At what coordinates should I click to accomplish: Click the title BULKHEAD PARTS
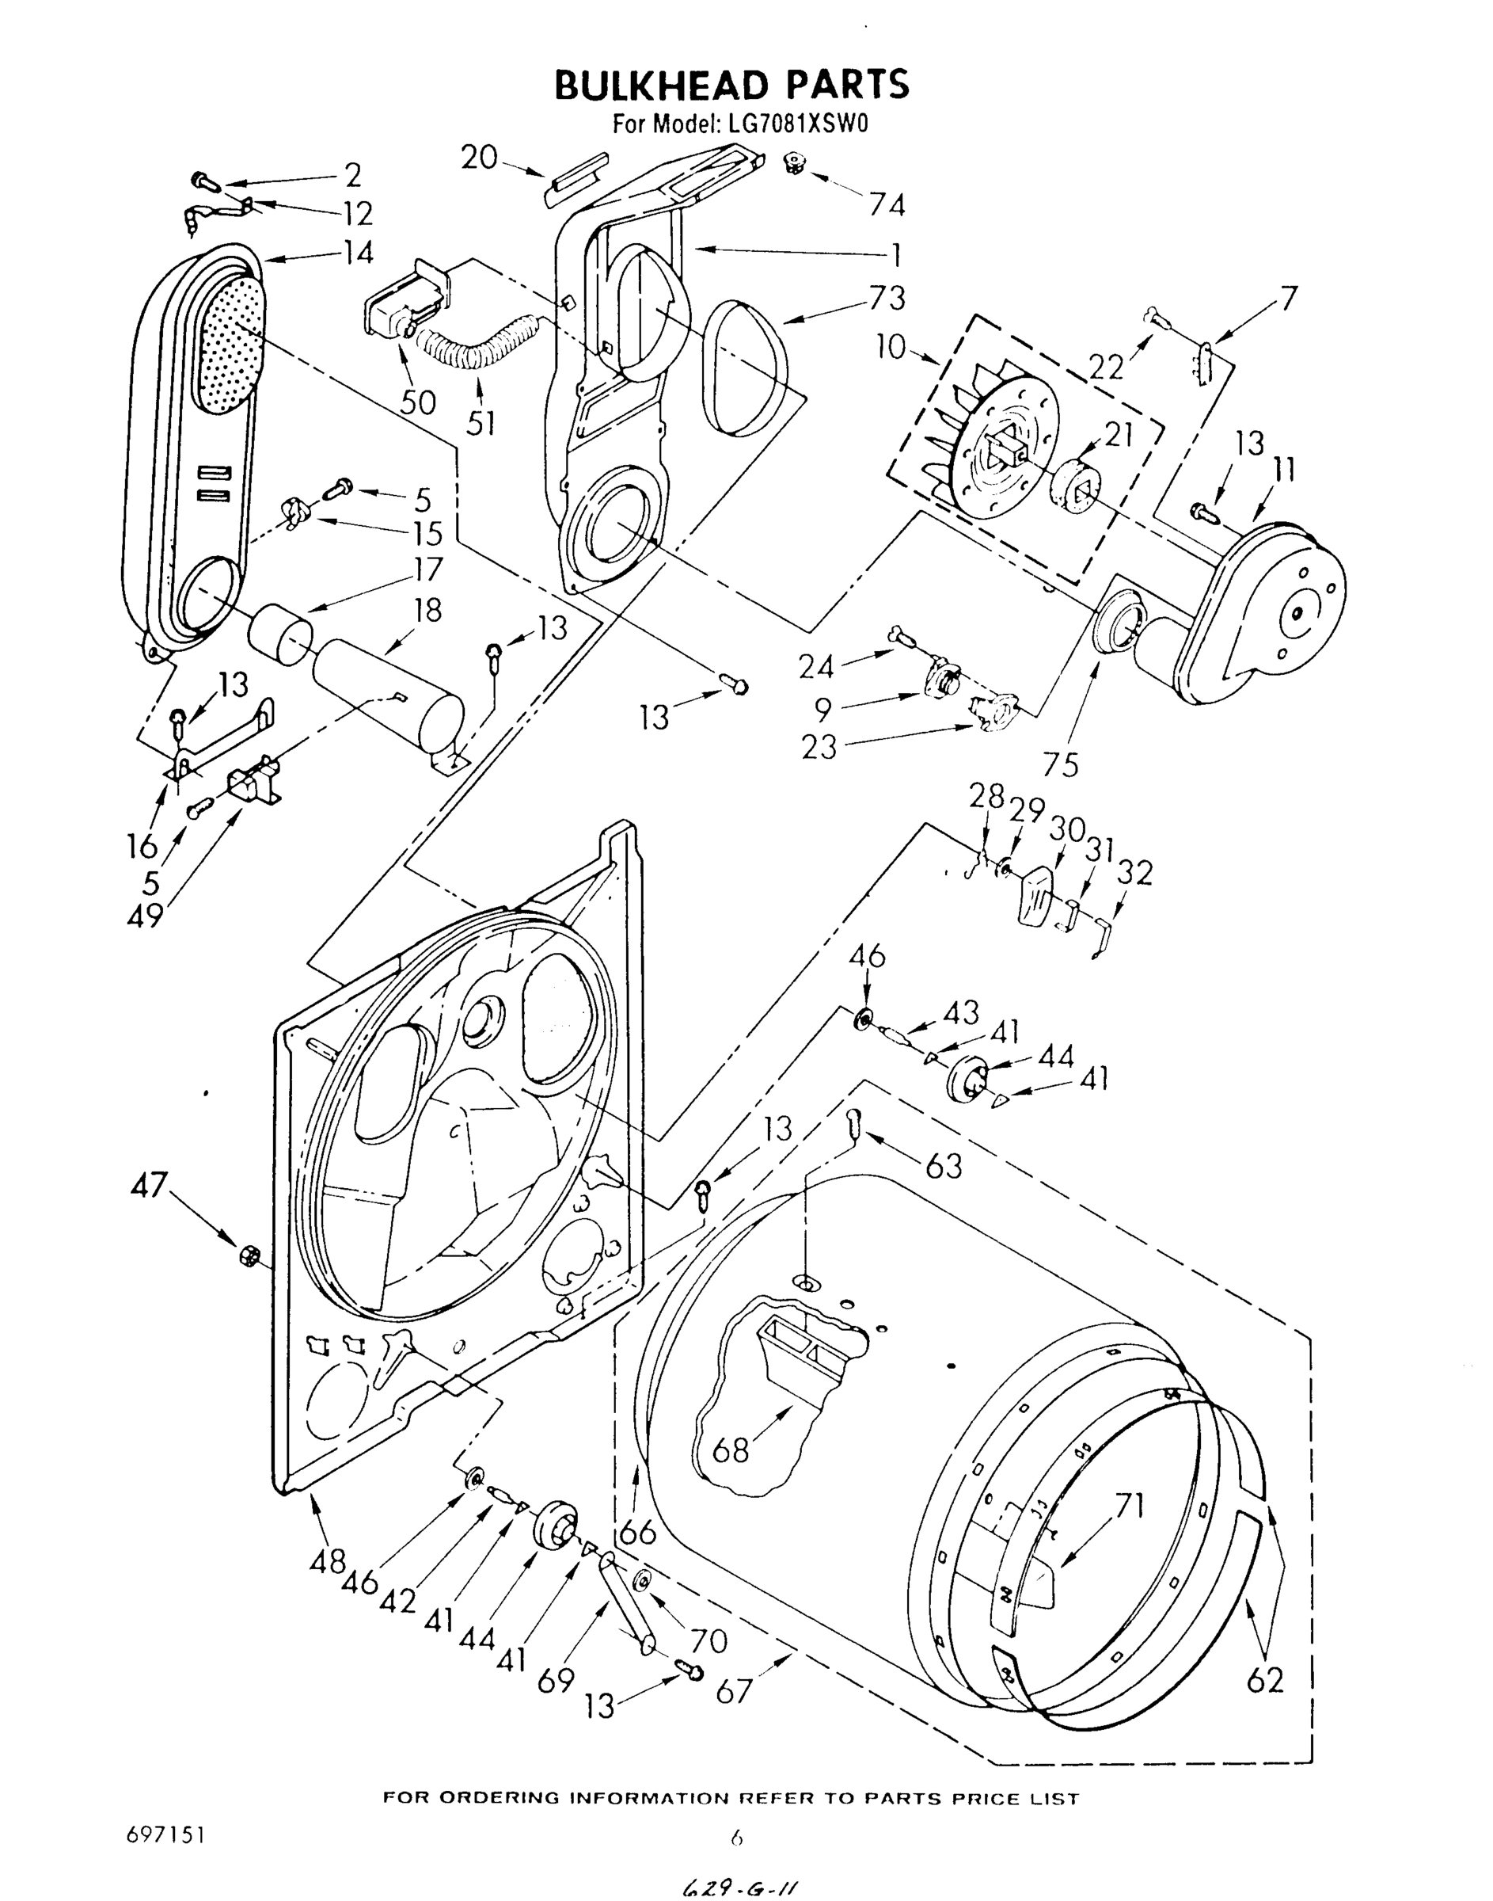(731, 85)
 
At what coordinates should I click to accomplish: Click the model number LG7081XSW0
(795, 125)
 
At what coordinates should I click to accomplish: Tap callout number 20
(479, 158)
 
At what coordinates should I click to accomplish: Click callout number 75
(1059, 764)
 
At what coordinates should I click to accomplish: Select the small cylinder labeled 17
(282, 633)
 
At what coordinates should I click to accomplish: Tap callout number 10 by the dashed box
(891, 347)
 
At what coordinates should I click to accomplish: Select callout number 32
(1134, 873)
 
